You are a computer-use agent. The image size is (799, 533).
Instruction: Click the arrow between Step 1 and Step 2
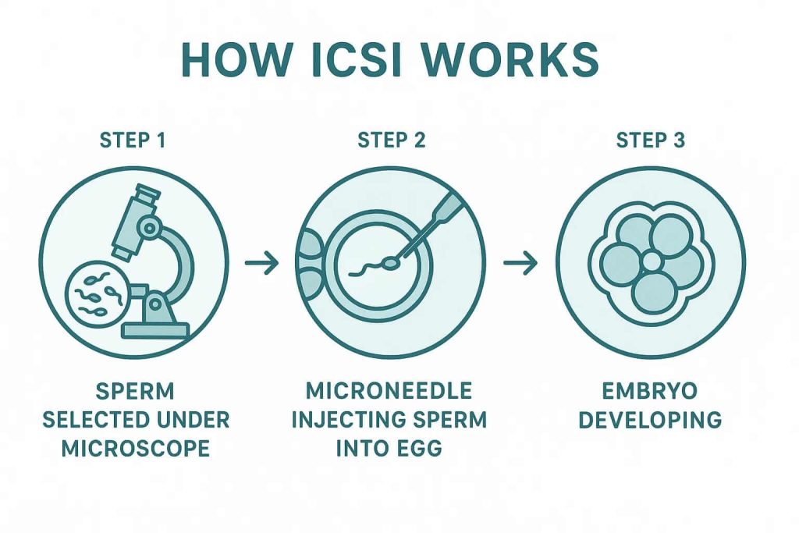(262, 264)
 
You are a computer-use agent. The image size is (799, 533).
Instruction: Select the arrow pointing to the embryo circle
(520, 264)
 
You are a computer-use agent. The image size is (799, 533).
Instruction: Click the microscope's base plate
(155, 330)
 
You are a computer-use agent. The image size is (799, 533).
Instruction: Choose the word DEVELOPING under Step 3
(650, 420)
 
